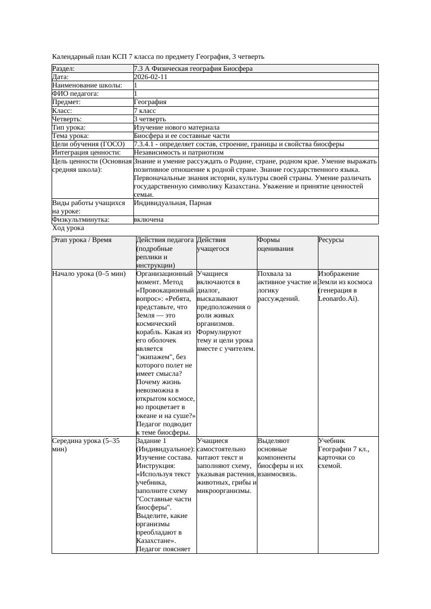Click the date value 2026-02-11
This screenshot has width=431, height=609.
(151, 77)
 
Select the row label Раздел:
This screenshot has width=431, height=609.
(64, 69)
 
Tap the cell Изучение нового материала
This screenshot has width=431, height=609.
(176, 128)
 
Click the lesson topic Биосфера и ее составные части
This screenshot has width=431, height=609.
(181, 136)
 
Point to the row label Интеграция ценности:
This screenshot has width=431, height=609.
(87, 153)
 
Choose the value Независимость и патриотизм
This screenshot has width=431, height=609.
(178, 153)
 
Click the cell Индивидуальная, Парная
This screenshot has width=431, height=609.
(173, 203)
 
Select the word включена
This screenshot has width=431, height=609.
(149, 220)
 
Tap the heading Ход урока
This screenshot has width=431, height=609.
(68, 228)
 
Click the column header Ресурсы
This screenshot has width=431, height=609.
(331, 240)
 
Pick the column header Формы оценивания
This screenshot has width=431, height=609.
(276, 245)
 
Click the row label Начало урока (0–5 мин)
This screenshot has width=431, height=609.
(89, 274)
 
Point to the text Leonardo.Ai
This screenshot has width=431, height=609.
(337, 299)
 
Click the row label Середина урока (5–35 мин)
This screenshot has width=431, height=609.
(86, 445)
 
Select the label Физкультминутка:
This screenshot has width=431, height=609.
(81, 220)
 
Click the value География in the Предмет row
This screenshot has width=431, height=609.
(150, 102)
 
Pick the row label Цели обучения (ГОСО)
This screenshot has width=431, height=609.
(89, 144)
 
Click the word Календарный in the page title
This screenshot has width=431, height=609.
(73, 56)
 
